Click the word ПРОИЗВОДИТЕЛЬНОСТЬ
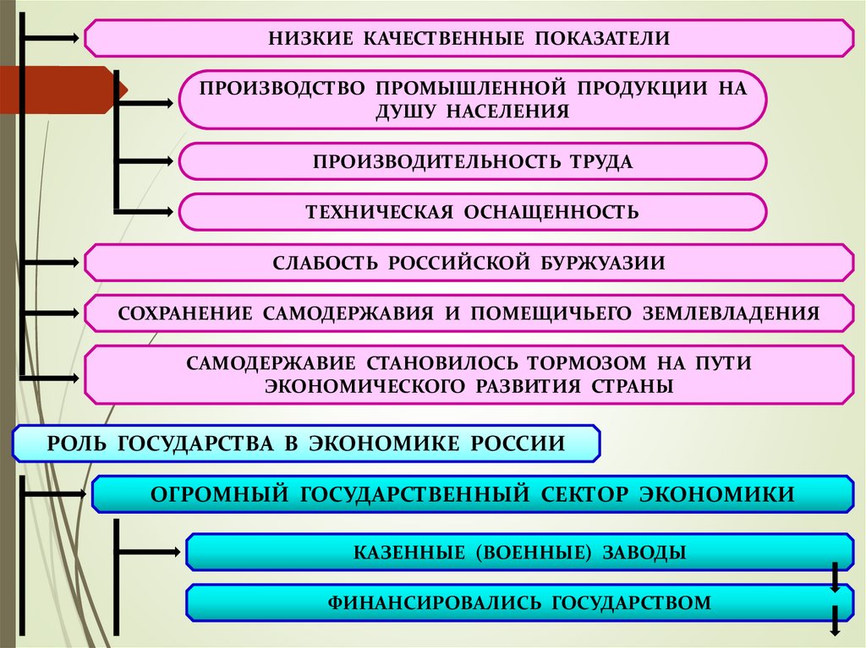tap(430, 161)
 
